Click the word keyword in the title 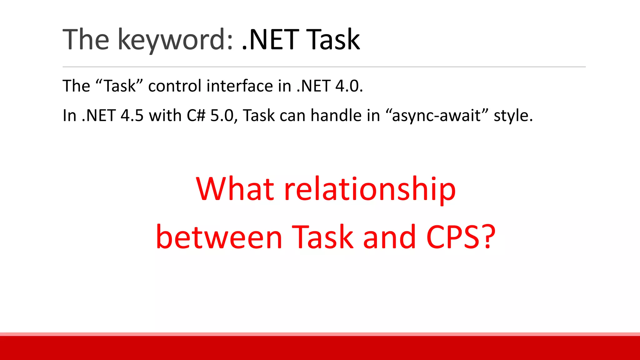(175, 40)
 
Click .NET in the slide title (270, 40)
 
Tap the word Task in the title (333, 40)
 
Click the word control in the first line (175, 86)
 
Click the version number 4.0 (349, 86)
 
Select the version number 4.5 (132, 116)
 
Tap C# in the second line (196, 116)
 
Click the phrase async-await (436, 116)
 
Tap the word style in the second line (512, 116)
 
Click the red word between (219, 237)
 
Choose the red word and (389, 237)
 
